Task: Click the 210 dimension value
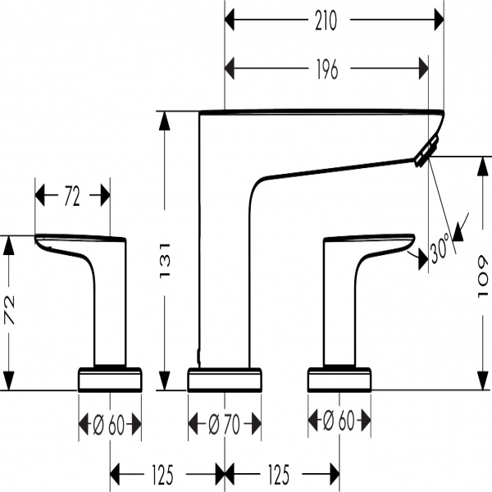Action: [x=326, y=22]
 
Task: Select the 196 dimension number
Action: [x=326, y=71]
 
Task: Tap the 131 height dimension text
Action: [x=164, y=262]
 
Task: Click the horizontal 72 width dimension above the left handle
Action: [x=71, y=196]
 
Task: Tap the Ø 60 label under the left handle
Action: [x=109, y=425]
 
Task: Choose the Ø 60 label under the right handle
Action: [x=340, y=422]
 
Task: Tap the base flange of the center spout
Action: [x=225, y=380]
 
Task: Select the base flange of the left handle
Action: [x=109, y=380]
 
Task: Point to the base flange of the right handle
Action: [x=340, y=380]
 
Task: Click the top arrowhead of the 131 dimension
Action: [x=164, y=120]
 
